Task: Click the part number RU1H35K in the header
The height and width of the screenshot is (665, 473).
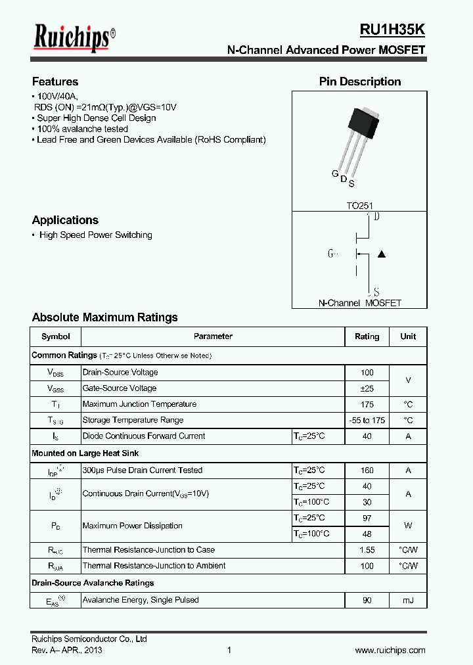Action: (392, 30)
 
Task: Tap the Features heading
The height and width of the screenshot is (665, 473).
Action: (55, 82)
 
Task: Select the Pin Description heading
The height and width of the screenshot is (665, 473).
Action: (360, 82)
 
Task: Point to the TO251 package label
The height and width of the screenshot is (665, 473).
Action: (359, 206)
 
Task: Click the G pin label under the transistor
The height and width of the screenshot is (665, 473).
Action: (334, 174)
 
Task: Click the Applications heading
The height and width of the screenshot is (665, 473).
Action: (65, 220)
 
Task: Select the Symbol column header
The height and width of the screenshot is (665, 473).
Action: (55, 336)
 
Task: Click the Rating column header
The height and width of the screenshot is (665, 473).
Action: (367, 336)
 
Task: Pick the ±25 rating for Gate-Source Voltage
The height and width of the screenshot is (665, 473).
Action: (367, 388)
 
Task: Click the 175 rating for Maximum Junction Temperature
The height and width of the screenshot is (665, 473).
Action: (367, 404)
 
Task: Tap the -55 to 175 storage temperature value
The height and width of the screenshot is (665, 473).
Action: (367, 420)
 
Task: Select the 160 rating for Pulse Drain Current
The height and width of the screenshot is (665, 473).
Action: (367, 470)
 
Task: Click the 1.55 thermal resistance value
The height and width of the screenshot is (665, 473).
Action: (367, 550)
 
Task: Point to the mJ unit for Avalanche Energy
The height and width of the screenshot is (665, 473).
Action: (408, 600)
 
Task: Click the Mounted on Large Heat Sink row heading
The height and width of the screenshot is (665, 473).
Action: (85, 453)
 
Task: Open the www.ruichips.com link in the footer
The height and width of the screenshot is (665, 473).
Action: (390, 651)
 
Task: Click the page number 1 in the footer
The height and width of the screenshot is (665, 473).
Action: (229, 651)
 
